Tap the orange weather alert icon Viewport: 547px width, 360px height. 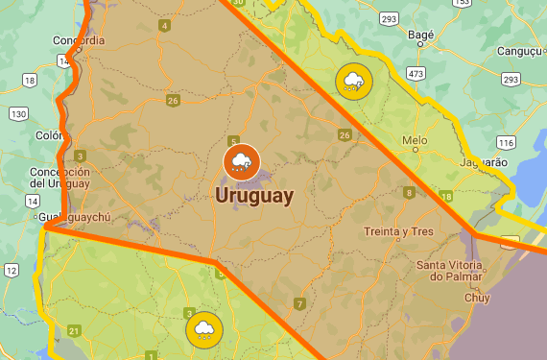pyautogui.click(x=241, y=161)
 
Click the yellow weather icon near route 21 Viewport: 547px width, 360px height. pyautogui.click(x=203, y=331)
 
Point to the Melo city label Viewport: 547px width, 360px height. pyautogui.click(x=415, y=140)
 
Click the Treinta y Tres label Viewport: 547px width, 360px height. pyautogui.click(x=397, y=232)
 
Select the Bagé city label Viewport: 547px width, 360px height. pyautogui.click(x=420, y=36)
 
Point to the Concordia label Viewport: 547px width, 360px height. pyautogui.click(x=81, y=40)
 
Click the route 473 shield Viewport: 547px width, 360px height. pyautogui.click(x=416, y=73)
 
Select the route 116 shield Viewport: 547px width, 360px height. pyautogui.click(x=507, y=142)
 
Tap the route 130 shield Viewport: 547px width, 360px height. pyautogui.click(x=18, y=113)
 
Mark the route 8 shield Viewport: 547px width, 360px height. pyautogui.click(x=410, y=193)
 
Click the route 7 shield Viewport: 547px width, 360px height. pyautogui.click(x=299, y=304)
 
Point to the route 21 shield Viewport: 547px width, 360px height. pyautogui.click(x=74, y=331)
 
